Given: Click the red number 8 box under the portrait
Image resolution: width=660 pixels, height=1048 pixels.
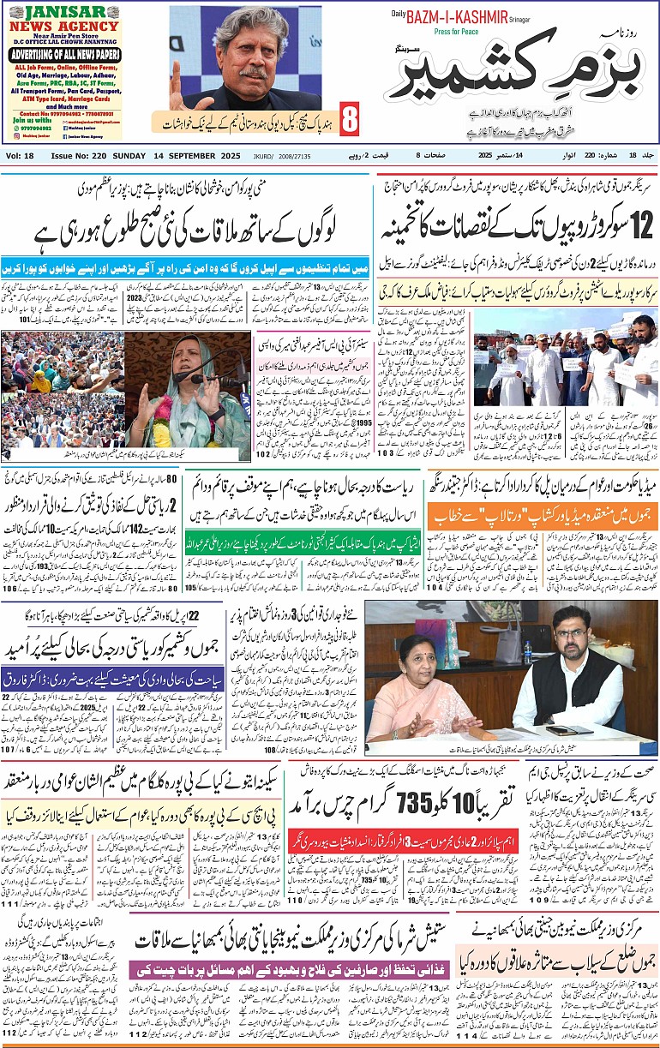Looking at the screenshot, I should [x=349, y=120].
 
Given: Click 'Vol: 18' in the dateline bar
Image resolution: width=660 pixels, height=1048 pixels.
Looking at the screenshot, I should [x=20, y=156].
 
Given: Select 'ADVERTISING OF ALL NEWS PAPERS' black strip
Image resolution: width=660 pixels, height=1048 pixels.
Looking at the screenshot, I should [x=67, y=55].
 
